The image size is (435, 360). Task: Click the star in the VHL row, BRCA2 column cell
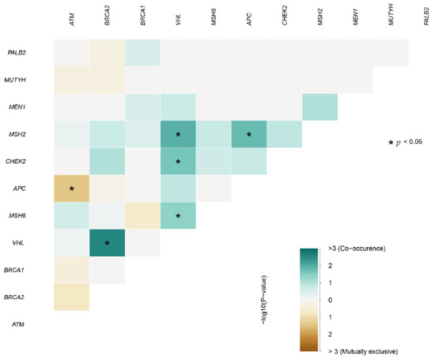pyautogui.click(x=107, y=242)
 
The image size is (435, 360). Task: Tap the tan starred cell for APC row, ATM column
pyautogui.click(x=72, y=189)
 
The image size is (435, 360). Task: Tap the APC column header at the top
pyautogui.click(x=249, y=20)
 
